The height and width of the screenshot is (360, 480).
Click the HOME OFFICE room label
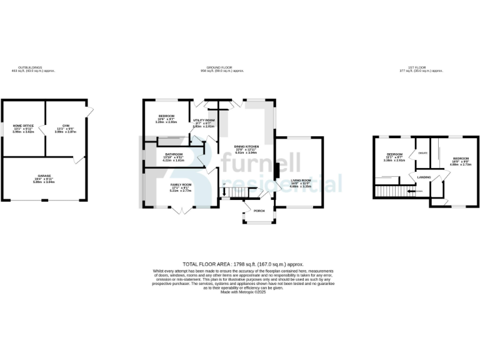(24, 126)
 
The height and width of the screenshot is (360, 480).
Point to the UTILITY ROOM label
(204, 120)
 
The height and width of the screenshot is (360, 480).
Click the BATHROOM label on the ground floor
(174, 154)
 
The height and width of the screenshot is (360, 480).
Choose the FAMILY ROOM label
(181, 185)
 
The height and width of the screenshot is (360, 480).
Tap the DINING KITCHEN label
(246, 147)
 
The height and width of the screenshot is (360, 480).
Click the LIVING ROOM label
(301, 179)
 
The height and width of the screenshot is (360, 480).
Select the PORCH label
(258, 211)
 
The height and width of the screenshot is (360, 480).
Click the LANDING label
(424, 177)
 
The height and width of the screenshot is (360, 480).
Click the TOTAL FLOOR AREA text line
(239, 264)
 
